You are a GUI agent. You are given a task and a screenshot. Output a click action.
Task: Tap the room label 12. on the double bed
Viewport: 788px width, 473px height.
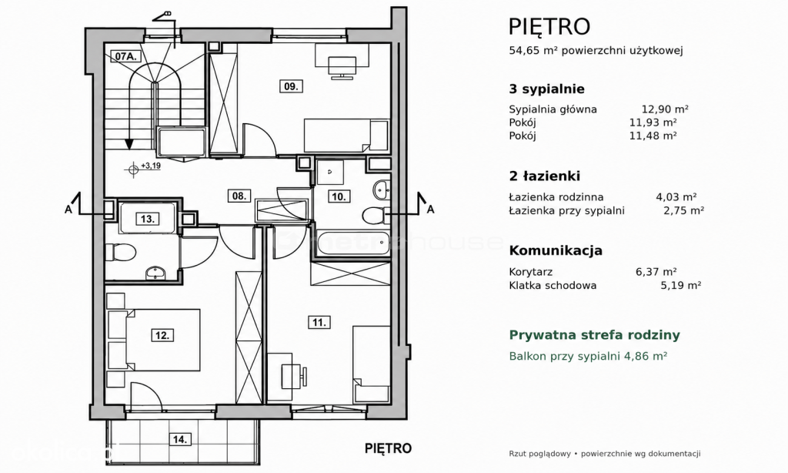162,334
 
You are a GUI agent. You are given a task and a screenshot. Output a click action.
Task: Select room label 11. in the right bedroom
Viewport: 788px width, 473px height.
319,322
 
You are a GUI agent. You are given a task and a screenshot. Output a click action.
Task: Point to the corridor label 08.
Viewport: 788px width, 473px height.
239,196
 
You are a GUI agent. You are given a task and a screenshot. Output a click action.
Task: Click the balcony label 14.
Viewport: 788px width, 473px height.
180,439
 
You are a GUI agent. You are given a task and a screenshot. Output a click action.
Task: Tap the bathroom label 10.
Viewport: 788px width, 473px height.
339,196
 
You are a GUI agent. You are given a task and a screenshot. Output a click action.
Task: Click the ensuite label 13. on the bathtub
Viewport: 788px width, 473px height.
148,219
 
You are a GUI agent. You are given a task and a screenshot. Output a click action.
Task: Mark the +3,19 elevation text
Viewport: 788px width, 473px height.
151,165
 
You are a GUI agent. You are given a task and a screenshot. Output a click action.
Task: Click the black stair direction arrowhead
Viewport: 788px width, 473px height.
129,144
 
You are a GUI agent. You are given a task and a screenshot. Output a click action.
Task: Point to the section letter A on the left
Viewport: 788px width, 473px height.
68,210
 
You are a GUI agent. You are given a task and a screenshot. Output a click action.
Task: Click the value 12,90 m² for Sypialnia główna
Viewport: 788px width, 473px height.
665,109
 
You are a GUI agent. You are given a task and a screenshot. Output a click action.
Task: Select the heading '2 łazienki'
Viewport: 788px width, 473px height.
545,176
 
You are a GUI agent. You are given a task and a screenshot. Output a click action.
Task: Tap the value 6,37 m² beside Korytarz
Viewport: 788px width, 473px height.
656,272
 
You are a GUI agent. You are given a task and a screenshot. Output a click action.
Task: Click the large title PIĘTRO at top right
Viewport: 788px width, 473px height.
549,26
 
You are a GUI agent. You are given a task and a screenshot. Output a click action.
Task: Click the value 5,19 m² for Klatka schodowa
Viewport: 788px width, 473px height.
680,285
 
